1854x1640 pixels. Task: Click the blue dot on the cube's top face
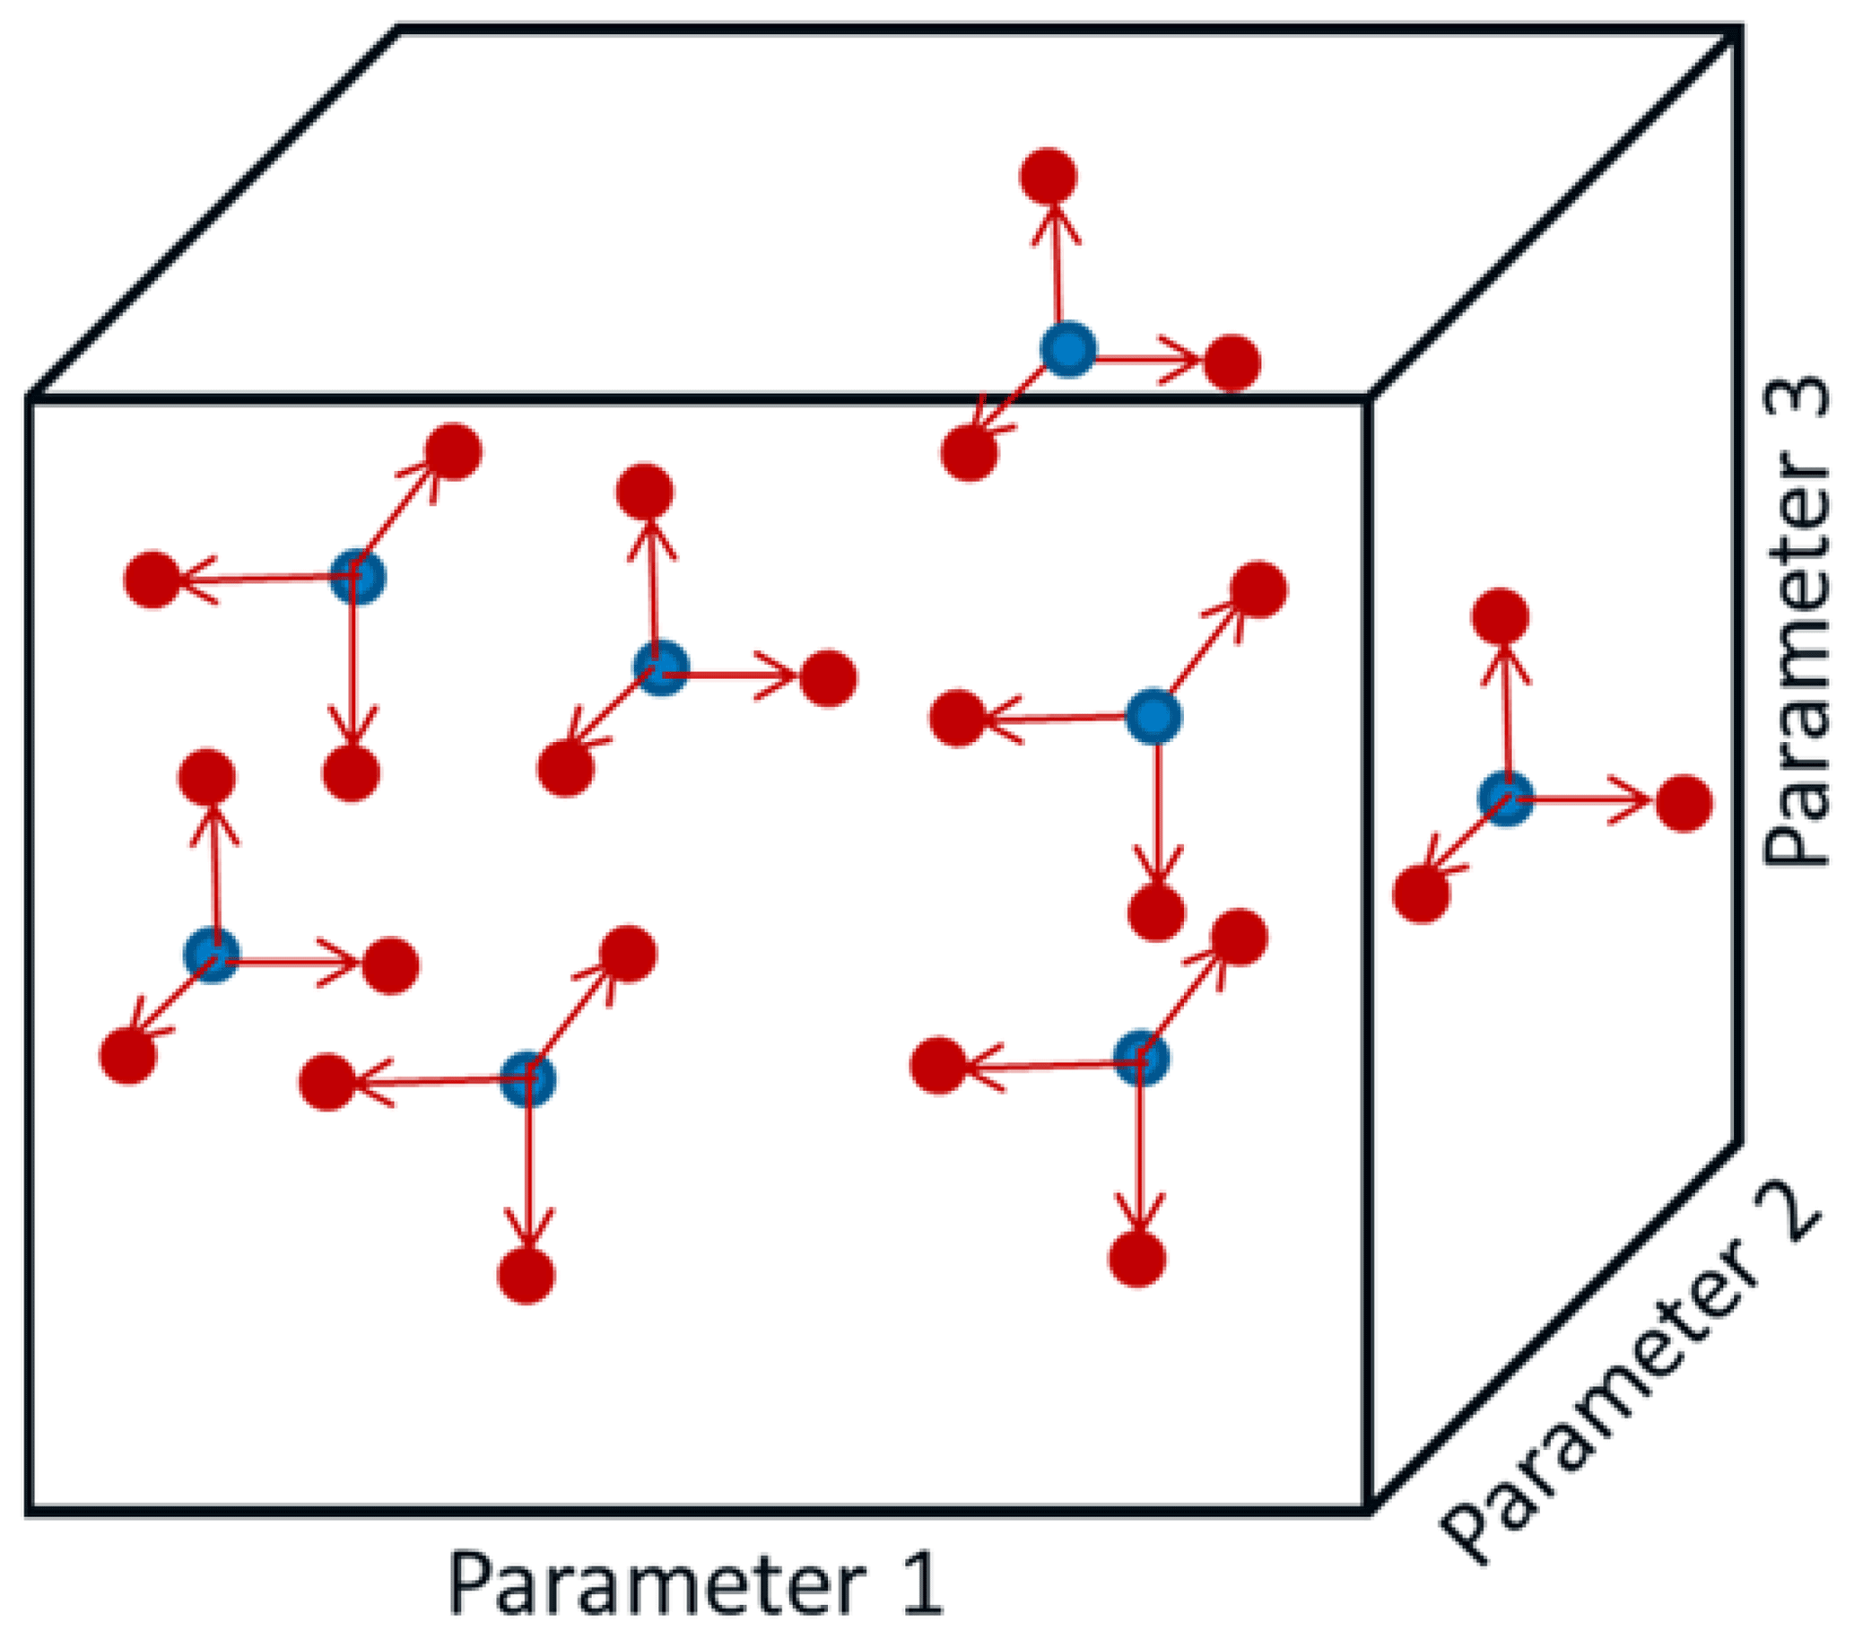click(x=1067, y=349)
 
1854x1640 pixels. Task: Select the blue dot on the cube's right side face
click(x=1506, y=799)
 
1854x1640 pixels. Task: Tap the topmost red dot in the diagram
click(x=1048, y=176)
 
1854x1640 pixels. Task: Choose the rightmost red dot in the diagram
click(x=1684, y=804)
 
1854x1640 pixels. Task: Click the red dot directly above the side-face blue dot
click(x=1501, y=618)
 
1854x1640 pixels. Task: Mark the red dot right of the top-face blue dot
click(x=1232, y=362)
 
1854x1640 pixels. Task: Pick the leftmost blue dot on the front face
click(x=212, y=955)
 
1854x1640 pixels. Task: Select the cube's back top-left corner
click(x=399, y=30)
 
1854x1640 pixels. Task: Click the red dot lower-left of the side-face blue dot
click(x=1422, y=894)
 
